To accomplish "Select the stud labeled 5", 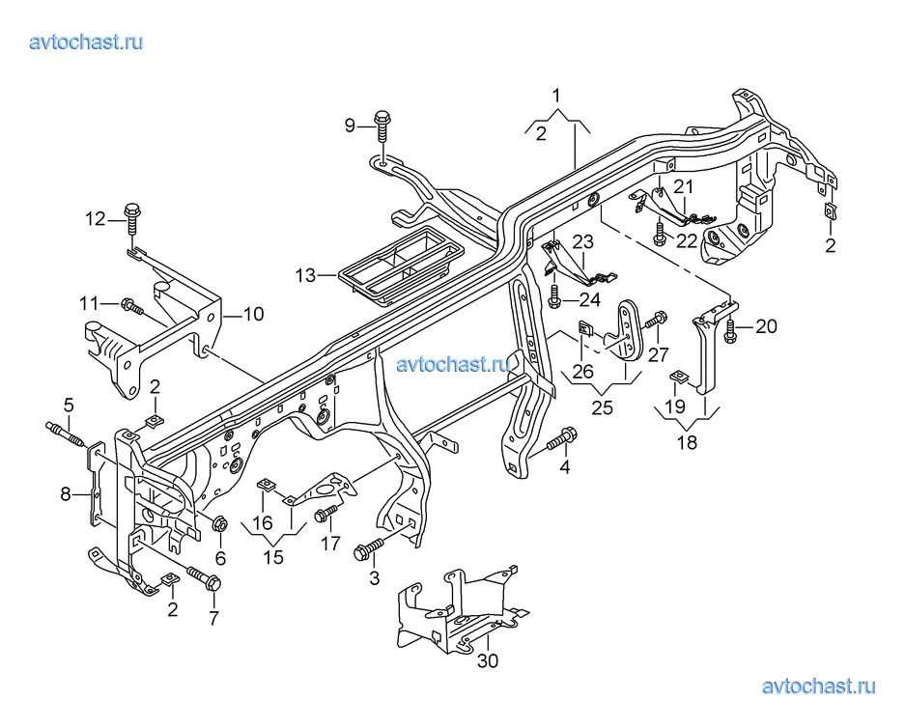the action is click(67, 434).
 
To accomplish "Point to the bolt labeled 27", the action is click(656, 321).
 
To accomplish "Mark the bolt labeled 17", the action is click(326, 513).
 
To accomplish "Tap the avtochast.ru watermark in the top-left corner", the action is click(86, 42).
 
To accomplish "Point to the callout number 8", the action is click(66, 493).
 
